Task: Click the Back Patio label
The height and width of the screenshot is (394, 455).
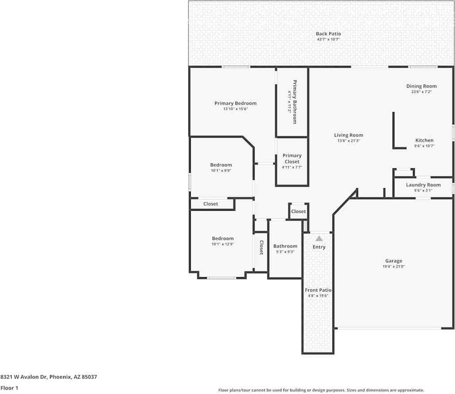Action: pos(328,34)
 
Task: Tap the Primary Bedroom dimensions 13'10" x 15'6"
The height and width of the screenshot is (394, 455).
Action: pos(235,109)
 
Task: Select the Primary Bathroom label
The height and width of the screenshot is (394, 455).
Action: pos(294,102)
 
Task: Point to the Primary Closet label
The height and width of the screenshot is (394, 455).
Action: pos(292,158)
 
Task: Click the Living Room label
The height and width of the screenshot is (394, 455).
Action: pos(348,135)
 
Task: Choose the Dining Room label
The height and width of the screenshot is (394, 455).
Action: pos(421,86)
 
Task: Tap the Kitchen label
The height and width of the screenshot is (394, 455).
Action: pos(424,140)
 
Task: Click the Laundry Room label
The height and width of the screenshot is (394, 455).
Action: pos(423,185)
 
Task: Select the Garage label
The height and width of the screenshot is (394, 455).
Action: pos(393,261)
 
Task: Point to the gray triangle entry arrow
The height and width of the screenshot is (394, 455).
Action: pos(319,239)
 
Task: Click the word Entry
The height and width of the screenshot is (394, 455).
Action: pos(319,247)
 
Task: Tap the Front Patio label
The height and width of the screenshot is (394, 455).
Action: pos(318,290)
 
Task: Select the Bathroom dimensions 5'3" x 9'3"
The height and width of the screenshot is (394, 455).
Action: pos(285,252)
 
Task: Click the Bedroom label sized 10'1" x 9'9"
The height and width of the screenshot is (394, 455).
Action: pos(221,165)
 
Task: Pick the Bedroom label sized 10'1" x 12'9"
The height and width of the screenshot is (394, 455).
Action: pos(223,239)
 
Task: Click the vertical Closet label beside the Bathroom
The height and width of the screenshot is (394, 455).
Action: pos(261,247)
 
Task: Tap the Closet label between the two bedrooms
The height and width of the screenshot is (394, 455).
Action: pos(210,204)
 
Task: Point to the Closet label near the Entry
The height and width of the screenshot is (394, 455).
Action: pos(298,212)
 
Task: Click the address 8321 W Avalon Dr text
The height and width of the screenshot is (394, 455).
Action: pos(23,377)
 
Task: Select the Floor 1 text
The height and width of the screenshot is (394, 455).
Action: pos(9,388)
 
